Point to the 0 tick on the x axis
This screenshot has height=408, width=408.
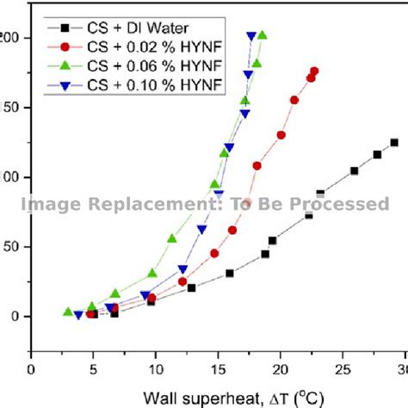pyautogui.click(x=32, y=369)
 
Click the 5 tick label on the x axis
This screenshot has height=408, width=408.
pyautogui.click(x=94, y=369)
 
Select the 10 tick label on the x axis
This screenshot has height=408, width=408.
pyautogui.click(x=156, y=369)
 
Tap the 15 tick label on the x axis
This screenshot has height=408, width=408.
pyautogui.click(x=218, y=369)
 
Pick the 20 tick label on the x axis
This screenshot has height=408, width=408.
pyautogui.click(x=280, y=369)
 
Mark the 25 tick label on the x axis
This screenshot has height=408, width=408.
pyautogui.click(x=343, y=369)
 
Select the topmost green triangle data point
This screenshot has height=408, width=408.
pyautogui.click(x=263, y=35)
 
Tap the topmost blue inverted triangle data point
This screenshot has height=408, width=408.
pyautogui.click(x=251, y=36)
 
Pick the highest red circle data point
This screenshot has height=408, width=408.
pyautogui.click(x=314, y=71)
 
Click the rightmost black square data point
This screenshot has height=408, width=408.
pyautogui.click(x=394, y=143)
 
